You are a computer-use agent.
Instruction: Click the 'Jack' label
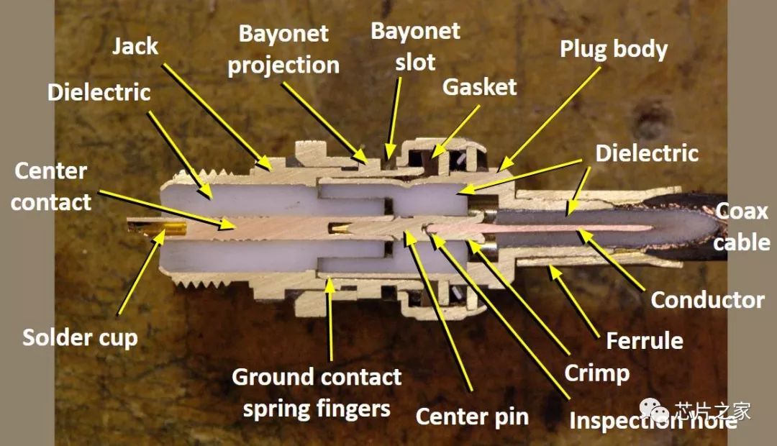(x=135, y=47)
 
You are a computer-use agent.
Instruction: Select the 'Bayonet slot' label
(x=415, y=45)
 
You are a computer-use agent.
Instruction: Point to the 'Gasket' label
(x=479, y=87)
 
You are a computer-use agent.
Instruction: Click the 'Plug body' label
(x=614, y=49)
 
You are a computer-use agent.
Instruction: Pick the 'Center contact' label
(x=50, y=186)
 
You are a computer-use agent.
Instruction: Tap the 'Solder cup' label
(x=80, y=337)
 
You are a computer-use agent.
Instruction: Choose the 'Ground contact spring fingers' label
(x=317, y=393)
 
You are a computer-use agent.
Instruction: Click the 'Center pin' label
(x=472, y=416)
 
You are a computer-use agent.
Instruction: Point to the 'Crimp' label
(x=596, y=373)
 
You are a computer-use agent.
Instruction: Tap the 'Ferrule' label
(x=645, y=340)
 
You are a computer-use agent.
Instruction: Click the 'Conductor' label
(x=707, y=299)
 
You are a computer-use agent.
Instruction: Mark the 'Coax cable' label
(x=741, y=225)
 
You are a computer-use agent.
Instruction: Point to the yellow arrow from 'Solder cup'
(x=137, y=273)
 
